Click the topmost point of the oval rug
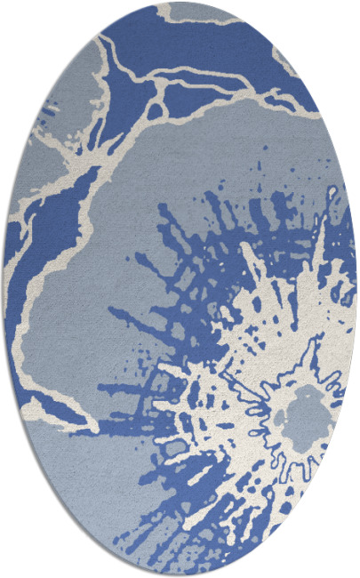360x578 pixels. click(x=180, y=3)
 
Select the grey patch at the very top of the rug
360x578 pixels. click(x=191, y=11)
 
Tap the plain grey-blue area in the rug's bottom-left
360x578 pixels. click(x=80, y=498)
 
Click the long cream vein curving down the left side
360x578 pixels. click(x=40, y=293)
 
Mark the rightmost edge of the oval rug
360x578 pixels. click(x=356, y=289)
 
